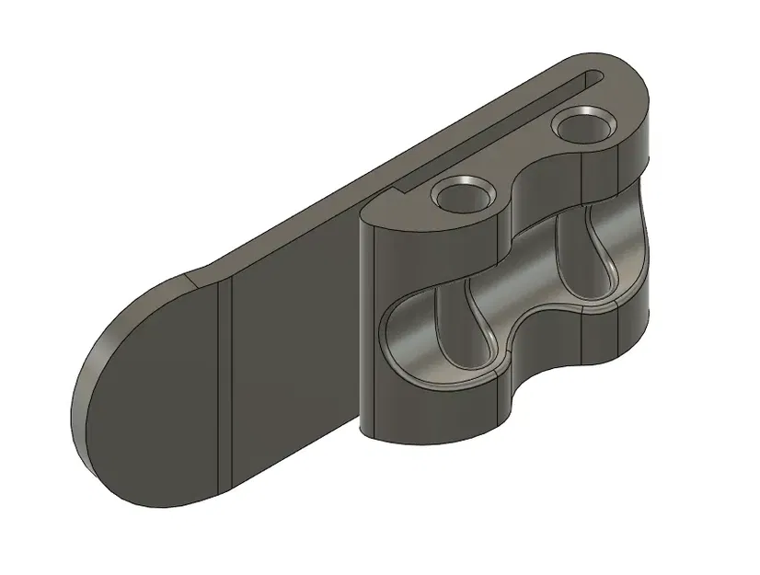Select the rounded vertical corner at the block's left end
(x=368, y=322)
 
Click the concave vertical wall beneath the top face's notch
(x=543, y=198)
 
